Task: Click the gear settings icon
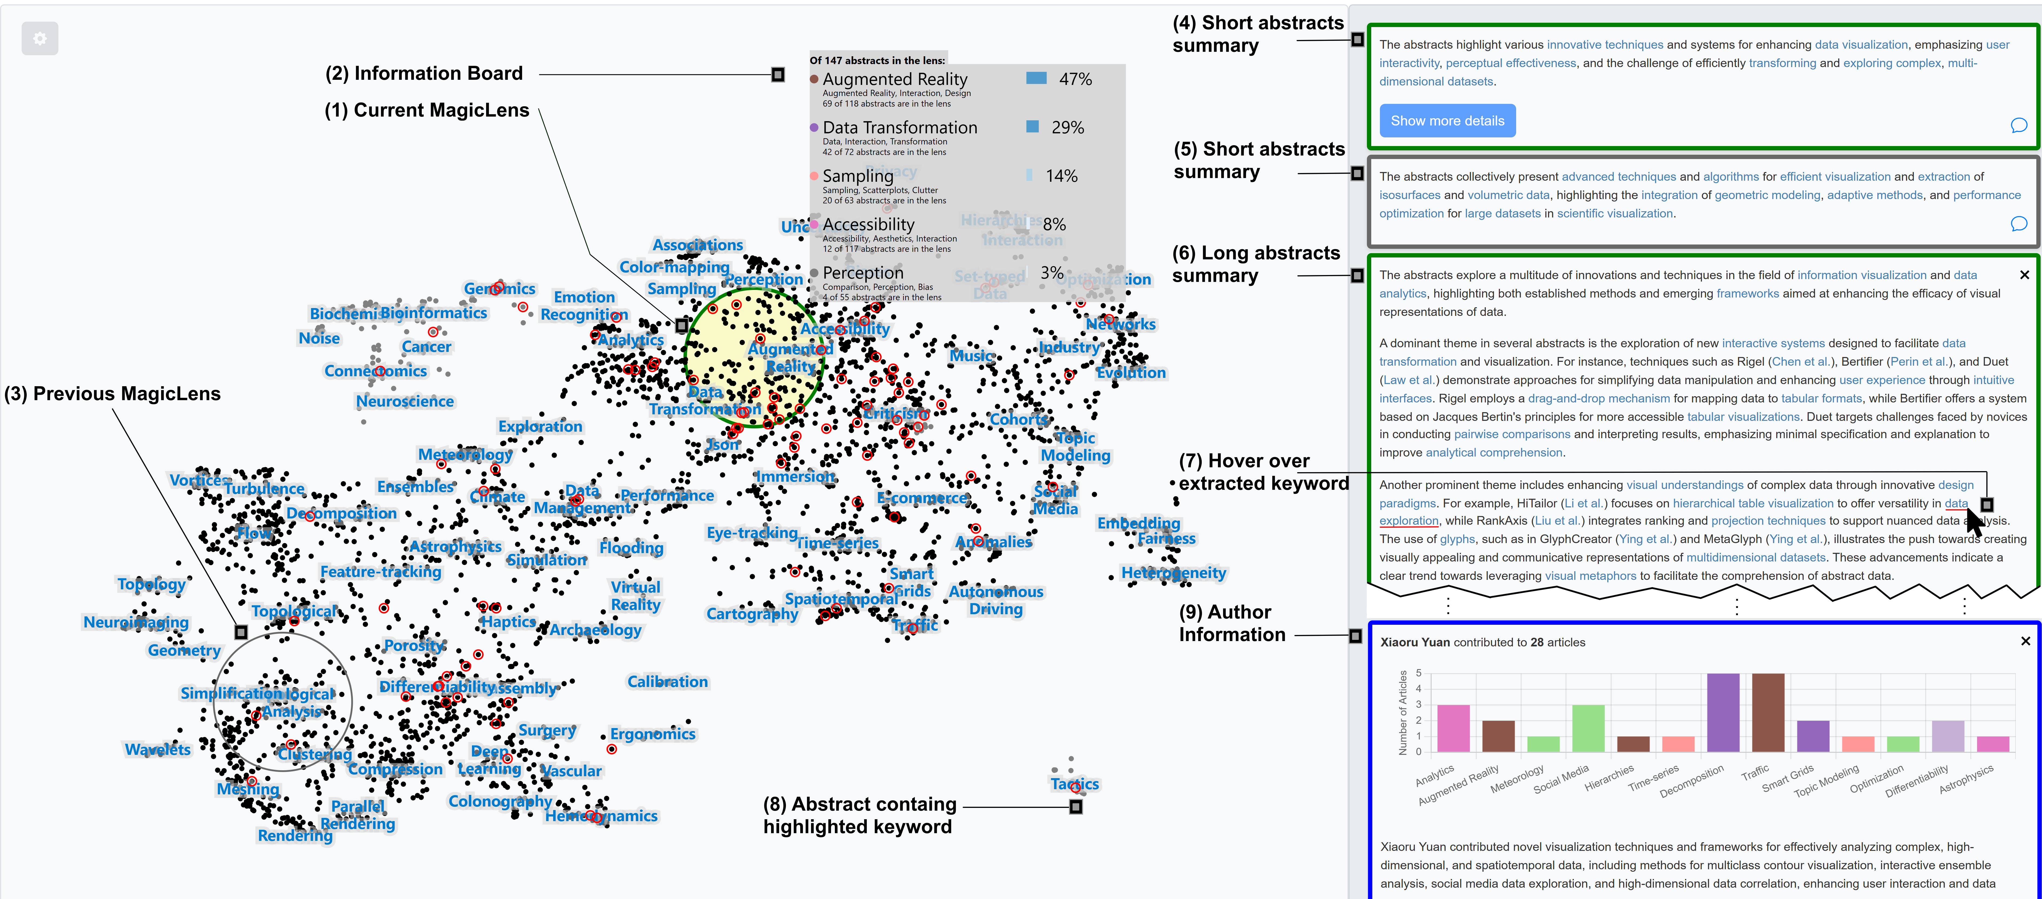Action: click(x=40, y=38)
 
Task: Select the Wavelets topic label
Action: click(x=158, y=749)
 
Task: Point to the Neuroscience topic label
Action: click(x=405, y=401)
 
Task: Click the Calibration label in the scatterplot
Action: click(x=668, y=682)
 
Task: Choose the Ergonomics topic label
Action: click(x=652, y=734)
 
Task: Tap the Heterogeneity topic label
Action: click(x=1173, y=572)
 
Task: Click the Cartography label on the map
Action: click(x=752, y=614)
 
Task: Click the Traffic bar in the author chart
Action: click(x=1768, y=712)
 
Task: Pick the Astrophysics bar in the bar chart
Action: click(x=1993, y=743)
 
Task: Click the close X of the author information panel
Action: click(x=2025, y=640)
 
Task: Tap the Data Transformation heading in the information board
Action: click(x=900, y=128)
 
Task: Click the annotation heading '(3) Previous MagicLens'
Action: click(x=112, y=394)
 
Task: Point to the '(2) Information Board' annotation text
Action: click(x=424, y=74)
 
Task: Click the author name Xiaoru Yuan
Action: click(x=1414, y=642)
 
